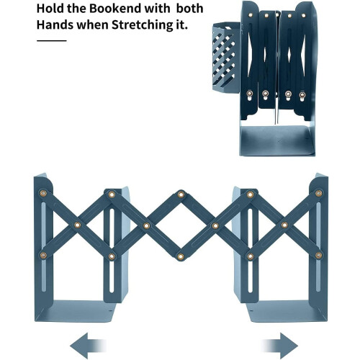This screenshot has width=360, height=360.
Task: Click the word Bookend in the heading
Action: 116,9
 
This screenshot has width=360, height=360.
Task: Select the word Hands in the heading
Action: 55,24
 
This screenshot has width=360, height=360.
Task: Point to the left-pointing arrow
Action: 88,346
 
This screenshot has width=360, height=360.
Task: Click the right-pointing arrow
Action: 280,346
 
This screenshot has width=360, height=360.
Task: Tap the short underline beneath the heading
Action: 52,40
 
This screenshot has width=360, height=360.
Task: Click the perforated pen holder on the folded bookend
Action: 226,57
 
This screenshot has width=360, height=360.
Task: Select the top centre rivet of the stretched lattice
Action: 181,194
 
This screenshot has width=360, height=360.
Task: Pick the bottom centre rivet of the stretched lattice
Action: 181,257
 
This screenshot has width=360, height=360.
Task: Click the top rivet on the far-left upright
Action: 43,193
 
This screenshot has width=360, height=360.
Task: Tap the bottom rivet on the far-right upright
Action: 319,256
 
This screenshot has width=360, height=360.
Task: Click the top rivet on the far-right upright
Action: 319,193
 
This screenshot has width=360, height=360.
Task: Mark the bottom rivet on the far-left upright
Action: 43,256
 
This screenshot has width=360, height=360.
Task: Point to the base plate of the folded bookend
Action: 277,140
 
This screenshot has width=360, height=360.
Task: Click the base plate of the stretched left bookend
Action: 76,311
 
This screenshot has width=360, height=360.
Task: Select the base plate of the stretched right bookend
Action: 287,311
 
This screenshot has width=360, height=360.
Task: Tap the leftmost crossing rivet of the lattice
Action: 77,225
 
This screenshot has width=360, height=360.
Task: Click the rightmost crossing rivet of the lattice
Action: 284,225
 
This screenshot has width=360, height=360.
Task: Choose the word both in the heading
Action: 190,9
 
